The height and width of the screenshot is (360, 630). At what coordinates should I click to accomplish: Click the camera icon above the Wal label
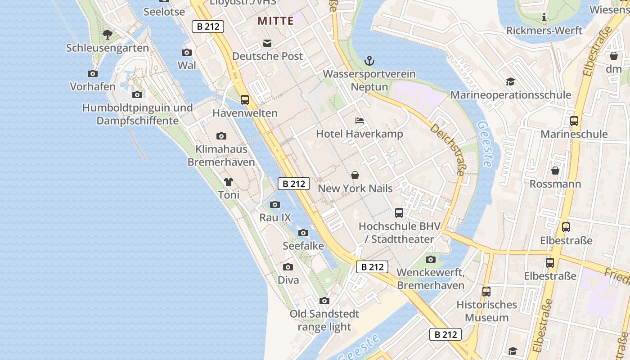pyautogui.click(x=187, y=52)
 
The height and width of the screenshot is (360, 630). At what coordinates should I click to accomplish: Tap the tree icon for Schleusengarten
pyautogui.click(x=107, y=34)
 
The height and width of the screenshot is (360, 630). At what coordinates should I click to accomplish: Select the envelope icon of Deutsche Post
pyautogui.click(x=267, y=43)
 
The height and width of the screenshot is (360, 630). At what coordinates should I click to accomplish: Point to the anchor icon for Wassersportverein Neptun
pyautogui.click(x=369, y=60)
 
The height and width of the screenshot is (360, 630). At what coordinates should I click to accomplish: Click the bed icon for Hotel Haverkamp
pyautogui.click(x=359, y=121)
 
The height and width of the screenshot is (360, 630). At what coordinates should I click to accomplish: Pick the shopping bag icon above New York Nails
pyautogui.click(x=355, y=175)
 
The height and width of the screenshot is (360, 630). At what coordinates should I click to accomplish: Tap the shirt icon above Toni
pyautogui.click(x=229, y=182)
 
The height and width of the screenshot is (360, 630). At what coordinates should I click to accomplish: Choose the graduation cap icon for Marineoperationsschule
pyautogui.click(x=510, y=81)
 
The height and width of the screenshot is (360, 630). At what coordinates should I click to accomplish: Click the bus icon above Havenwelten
pyautogui.click(x=245, y=99)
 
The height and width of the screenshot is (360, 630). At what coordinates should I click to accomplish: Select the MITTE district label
pyautogui.click(x=275, y=21)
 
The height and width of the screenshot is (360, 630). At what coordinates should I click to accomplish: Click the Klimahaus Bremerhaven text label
pyautogui.click(x=221, y=156)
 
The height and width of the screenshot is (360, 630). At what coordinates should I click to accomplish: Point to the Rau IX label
pyautogui.click(x=275, y=218)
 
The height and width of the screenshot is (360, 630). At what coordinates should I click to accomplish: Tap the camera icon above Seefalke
pyautogui.click(x=303, y=233)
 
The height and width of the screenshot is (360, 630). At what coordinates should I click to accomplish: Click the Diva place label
pyautogui.click(x=288, y=280)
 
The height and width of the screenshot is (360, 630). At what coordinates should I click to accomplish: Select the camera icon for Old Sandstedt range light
pyautogui.click(x=324, y=301)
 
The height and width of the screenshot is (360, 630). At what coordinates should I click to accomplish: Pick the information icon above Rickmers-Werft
pyautogui.click(x=544, y=18)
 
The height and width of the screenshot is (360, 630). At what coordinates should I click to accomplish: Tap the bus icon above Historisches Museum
pyautogui.click(x=486, y=291)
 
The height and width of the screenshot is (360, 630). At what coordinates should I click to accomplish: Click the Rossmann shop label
pyautogui.click(x=555, y=184)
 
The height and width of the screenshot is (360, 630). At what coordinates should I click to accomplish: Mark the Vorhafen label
pyautogui.click(x=93, y=86)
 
